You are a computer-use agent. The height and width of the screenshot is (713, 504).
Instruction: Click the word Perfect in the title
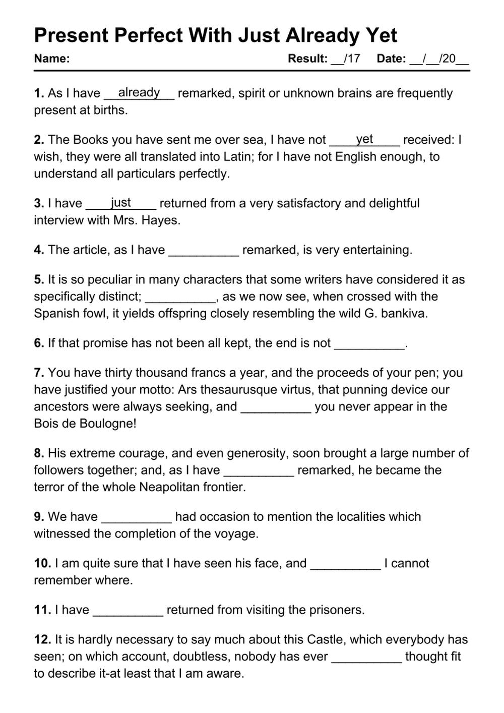click(149, 35)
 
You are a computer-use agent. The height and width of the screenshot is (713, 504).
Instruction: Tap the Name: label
click(51, 58)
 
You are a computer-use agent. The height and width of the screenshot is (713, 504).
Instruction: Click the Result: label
click(307, 58)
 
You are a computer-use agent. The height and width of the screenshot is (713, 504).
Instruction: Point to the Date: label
click(391, 58)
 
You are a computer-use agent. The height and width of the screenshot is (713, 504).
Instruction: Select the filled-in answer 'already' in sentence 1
click(139, 92)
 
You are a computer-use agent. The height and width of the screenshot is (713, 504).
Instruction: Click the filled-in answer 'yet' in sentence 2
click(364, 139)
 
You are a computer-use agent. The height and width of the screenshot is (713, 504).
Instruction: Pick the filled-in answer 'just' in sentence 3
click(121, 202)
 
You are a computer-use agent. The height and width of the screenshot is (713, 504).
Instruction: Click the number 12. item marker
click(42, 639)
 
